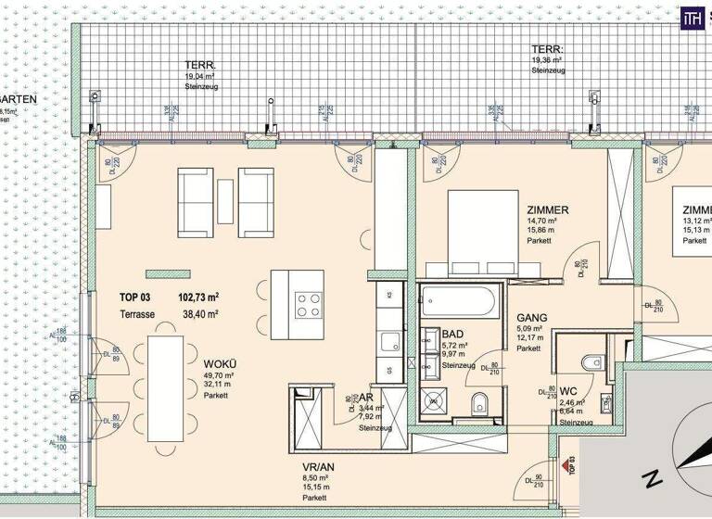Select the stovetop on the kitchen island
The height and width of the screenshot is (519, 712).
[308, 305]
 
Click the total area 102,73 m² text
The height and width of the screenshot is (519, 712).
[198, 297]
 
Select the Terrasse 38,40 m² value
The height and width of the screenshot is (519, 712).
[198, 314]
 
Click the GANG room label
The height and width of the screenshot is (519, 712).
[532, 317]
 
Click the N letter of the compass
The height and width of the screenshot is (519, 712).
[652, 479]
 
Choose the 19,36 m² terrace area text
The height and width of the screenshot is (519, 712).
[547, 60]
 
